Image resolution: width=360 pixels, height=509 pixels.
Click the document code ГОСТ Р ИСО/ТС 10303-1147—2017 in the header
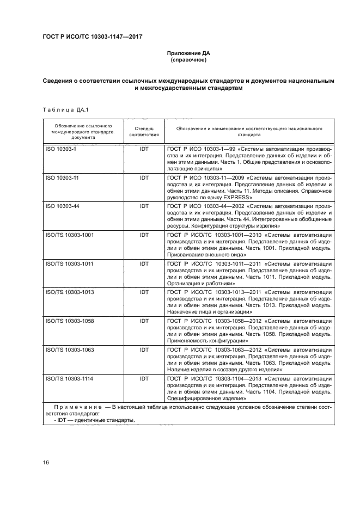[96, 37]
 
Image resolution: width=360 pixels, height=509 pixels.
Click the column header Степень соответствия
[144, 131]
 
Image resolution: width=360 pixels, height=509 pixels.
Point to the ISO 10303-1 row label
[60, 149]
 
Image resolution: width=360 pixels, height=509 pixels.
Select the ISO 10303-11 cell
[62, 177]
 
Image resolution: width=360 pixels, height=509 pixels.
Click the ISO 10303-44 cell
[62, 206]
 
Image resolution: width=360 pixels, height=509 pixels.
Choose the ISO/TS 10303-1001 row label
[69, 235]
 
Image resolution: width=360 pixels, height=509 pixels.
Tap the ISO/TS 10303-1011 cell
[69, 263]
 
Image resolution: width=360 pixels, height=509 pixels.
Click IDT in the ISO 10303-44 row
[144, 206]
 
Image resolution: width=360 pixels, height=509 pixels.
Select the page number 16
[46, 463]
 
